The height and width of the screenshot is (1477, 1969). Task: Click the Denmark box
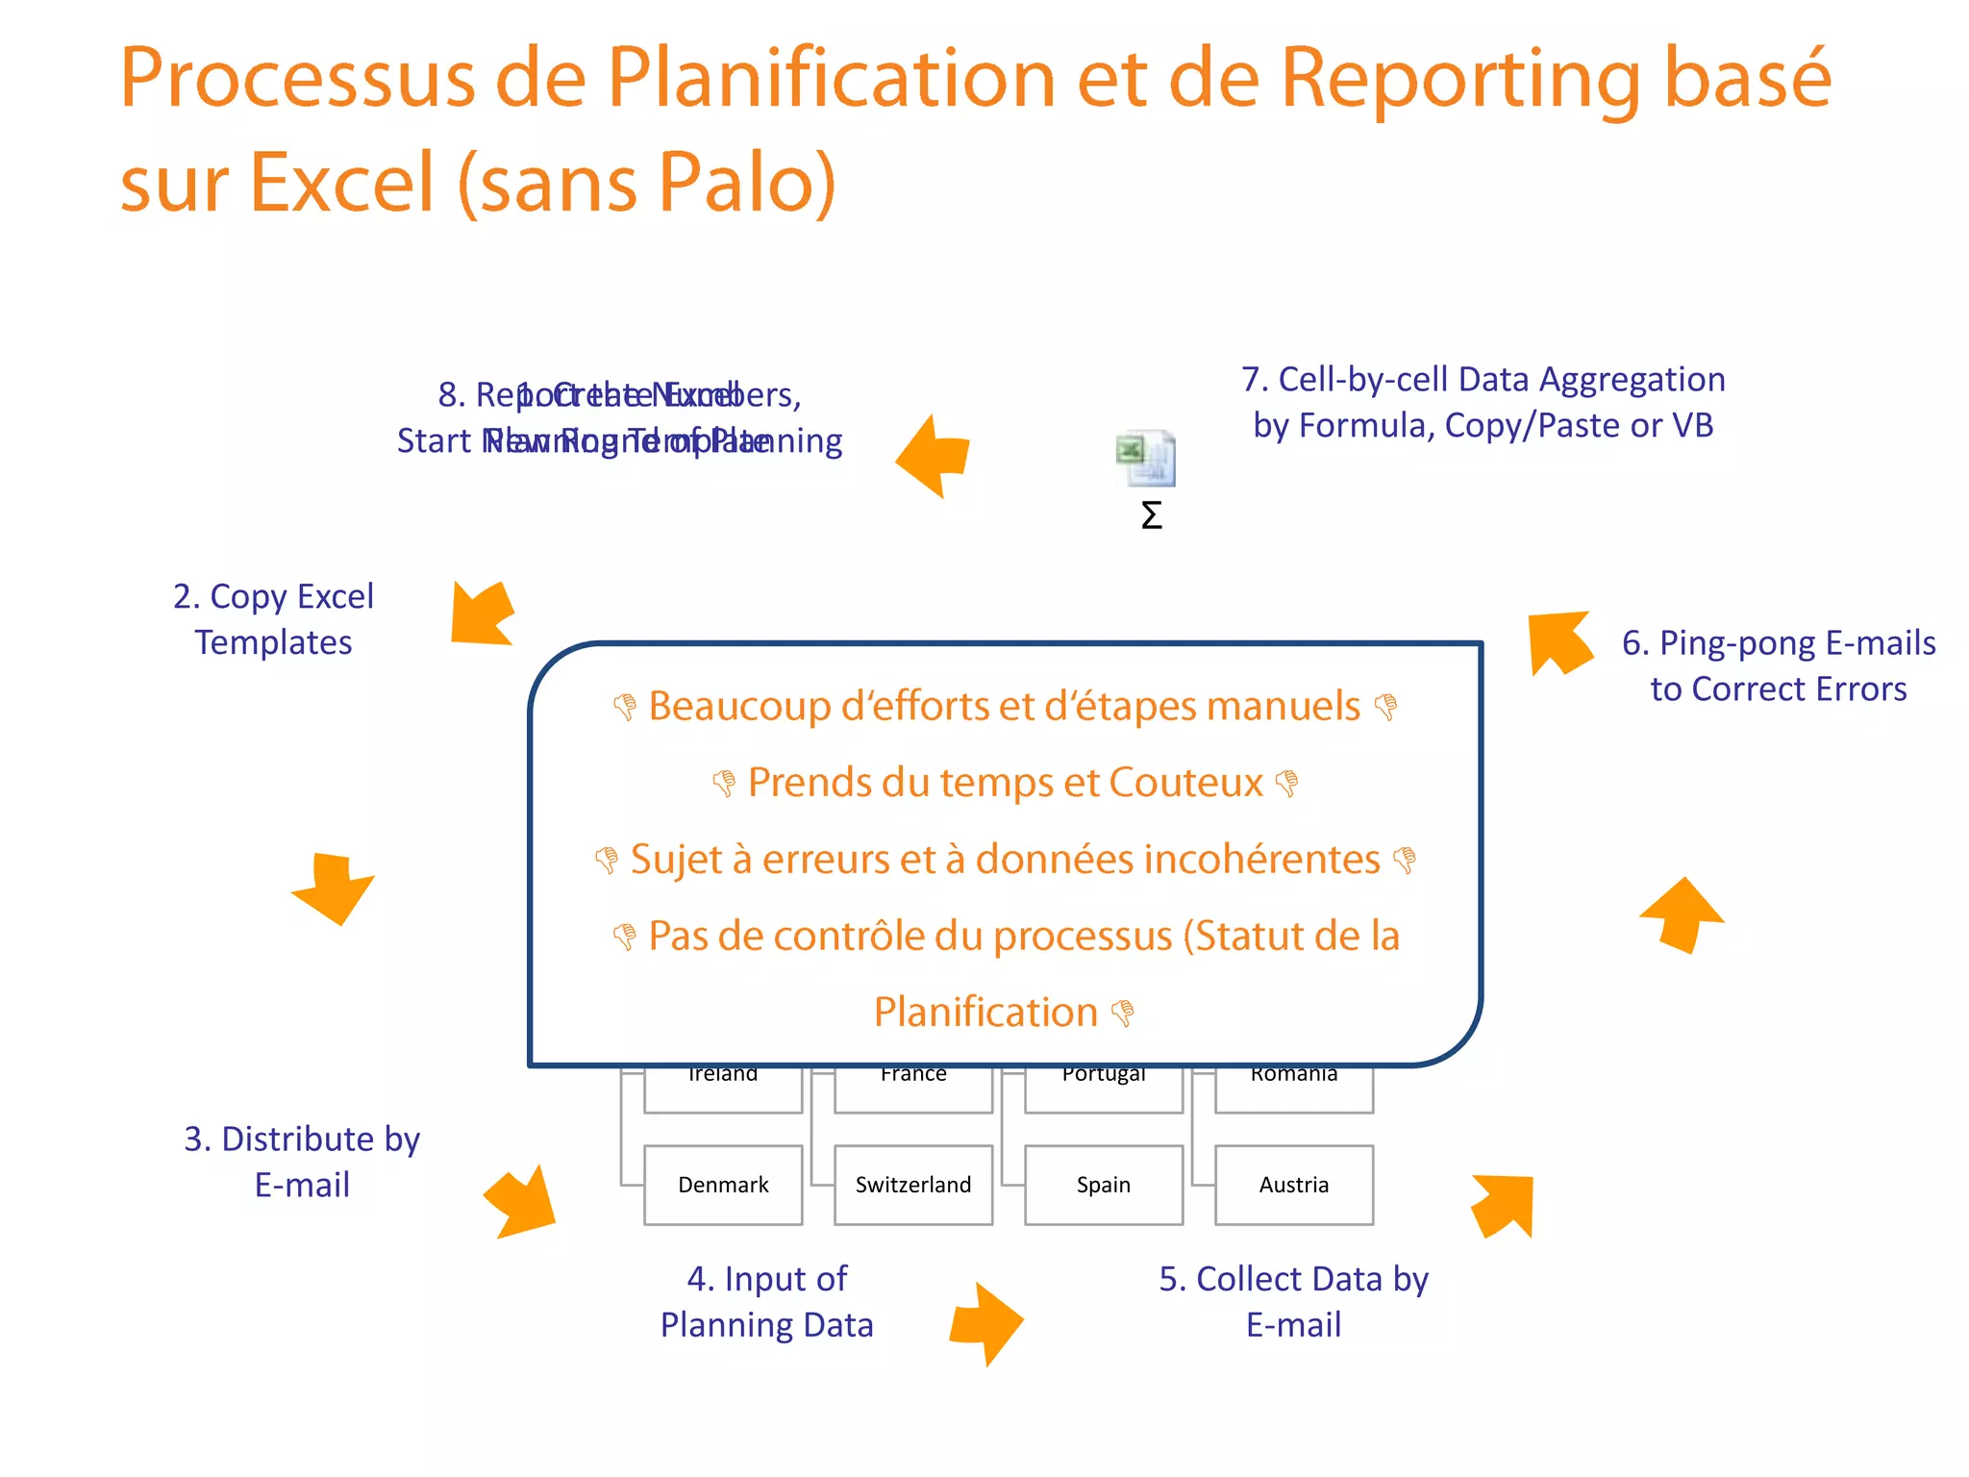click(723, 1185)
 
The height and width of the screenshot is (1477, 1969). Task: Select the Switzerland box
click(913, 1185)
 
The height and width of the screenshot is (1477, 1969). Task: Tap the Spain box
click(1104, 1185)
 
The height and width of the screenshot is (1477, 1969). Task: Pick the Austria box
click(1294, 1185)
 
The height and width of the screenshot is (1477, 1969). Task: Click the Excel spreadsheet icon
click(1146, 459)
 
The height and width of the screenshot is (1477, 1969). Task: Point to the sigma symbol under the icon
click(1151, 515)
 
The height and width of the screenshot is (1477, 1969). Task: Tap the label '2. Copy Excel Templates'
click(274, 619)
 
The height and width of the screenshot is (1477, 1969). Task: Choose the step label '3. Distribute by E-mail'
click(302, 1162)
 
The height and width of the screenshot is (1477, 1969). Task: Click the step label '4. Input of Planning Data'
click(766, 1302)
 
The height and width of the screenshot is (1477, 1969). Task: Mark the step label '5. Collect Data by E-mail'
click(1293, 1302)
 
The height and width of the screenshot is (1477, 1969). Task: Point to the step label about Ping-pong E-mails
click(1779, 665)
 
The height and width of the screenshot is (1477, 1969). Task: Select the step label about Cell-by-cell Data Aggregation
click(1483, 402)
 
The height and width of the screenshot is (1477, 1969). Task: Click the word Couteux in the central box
click(1185, 783)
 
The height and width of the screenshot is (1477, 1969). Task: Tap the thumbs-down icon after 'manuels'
click(1385, 708)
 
